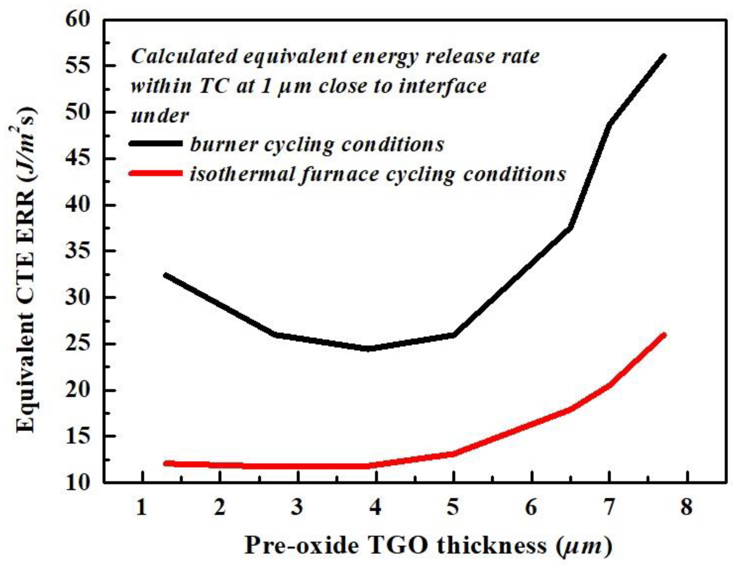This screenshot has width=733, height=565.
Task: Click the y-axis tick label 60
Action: (78, 20)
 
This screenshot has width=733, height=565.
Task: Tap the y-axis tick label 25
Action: (78, 344)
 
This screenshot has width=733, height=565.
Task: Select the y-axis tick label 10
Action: (78, 483)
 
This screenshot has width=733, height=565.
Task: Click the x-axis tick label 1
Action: (142, 507)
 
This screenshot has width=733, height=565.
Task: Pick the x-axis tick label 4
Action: (375, 507)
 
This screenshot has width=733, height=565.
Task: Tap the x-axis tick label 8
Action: (687, 507)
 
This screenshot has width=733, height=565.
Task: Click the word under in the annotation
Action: (160, 116)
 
